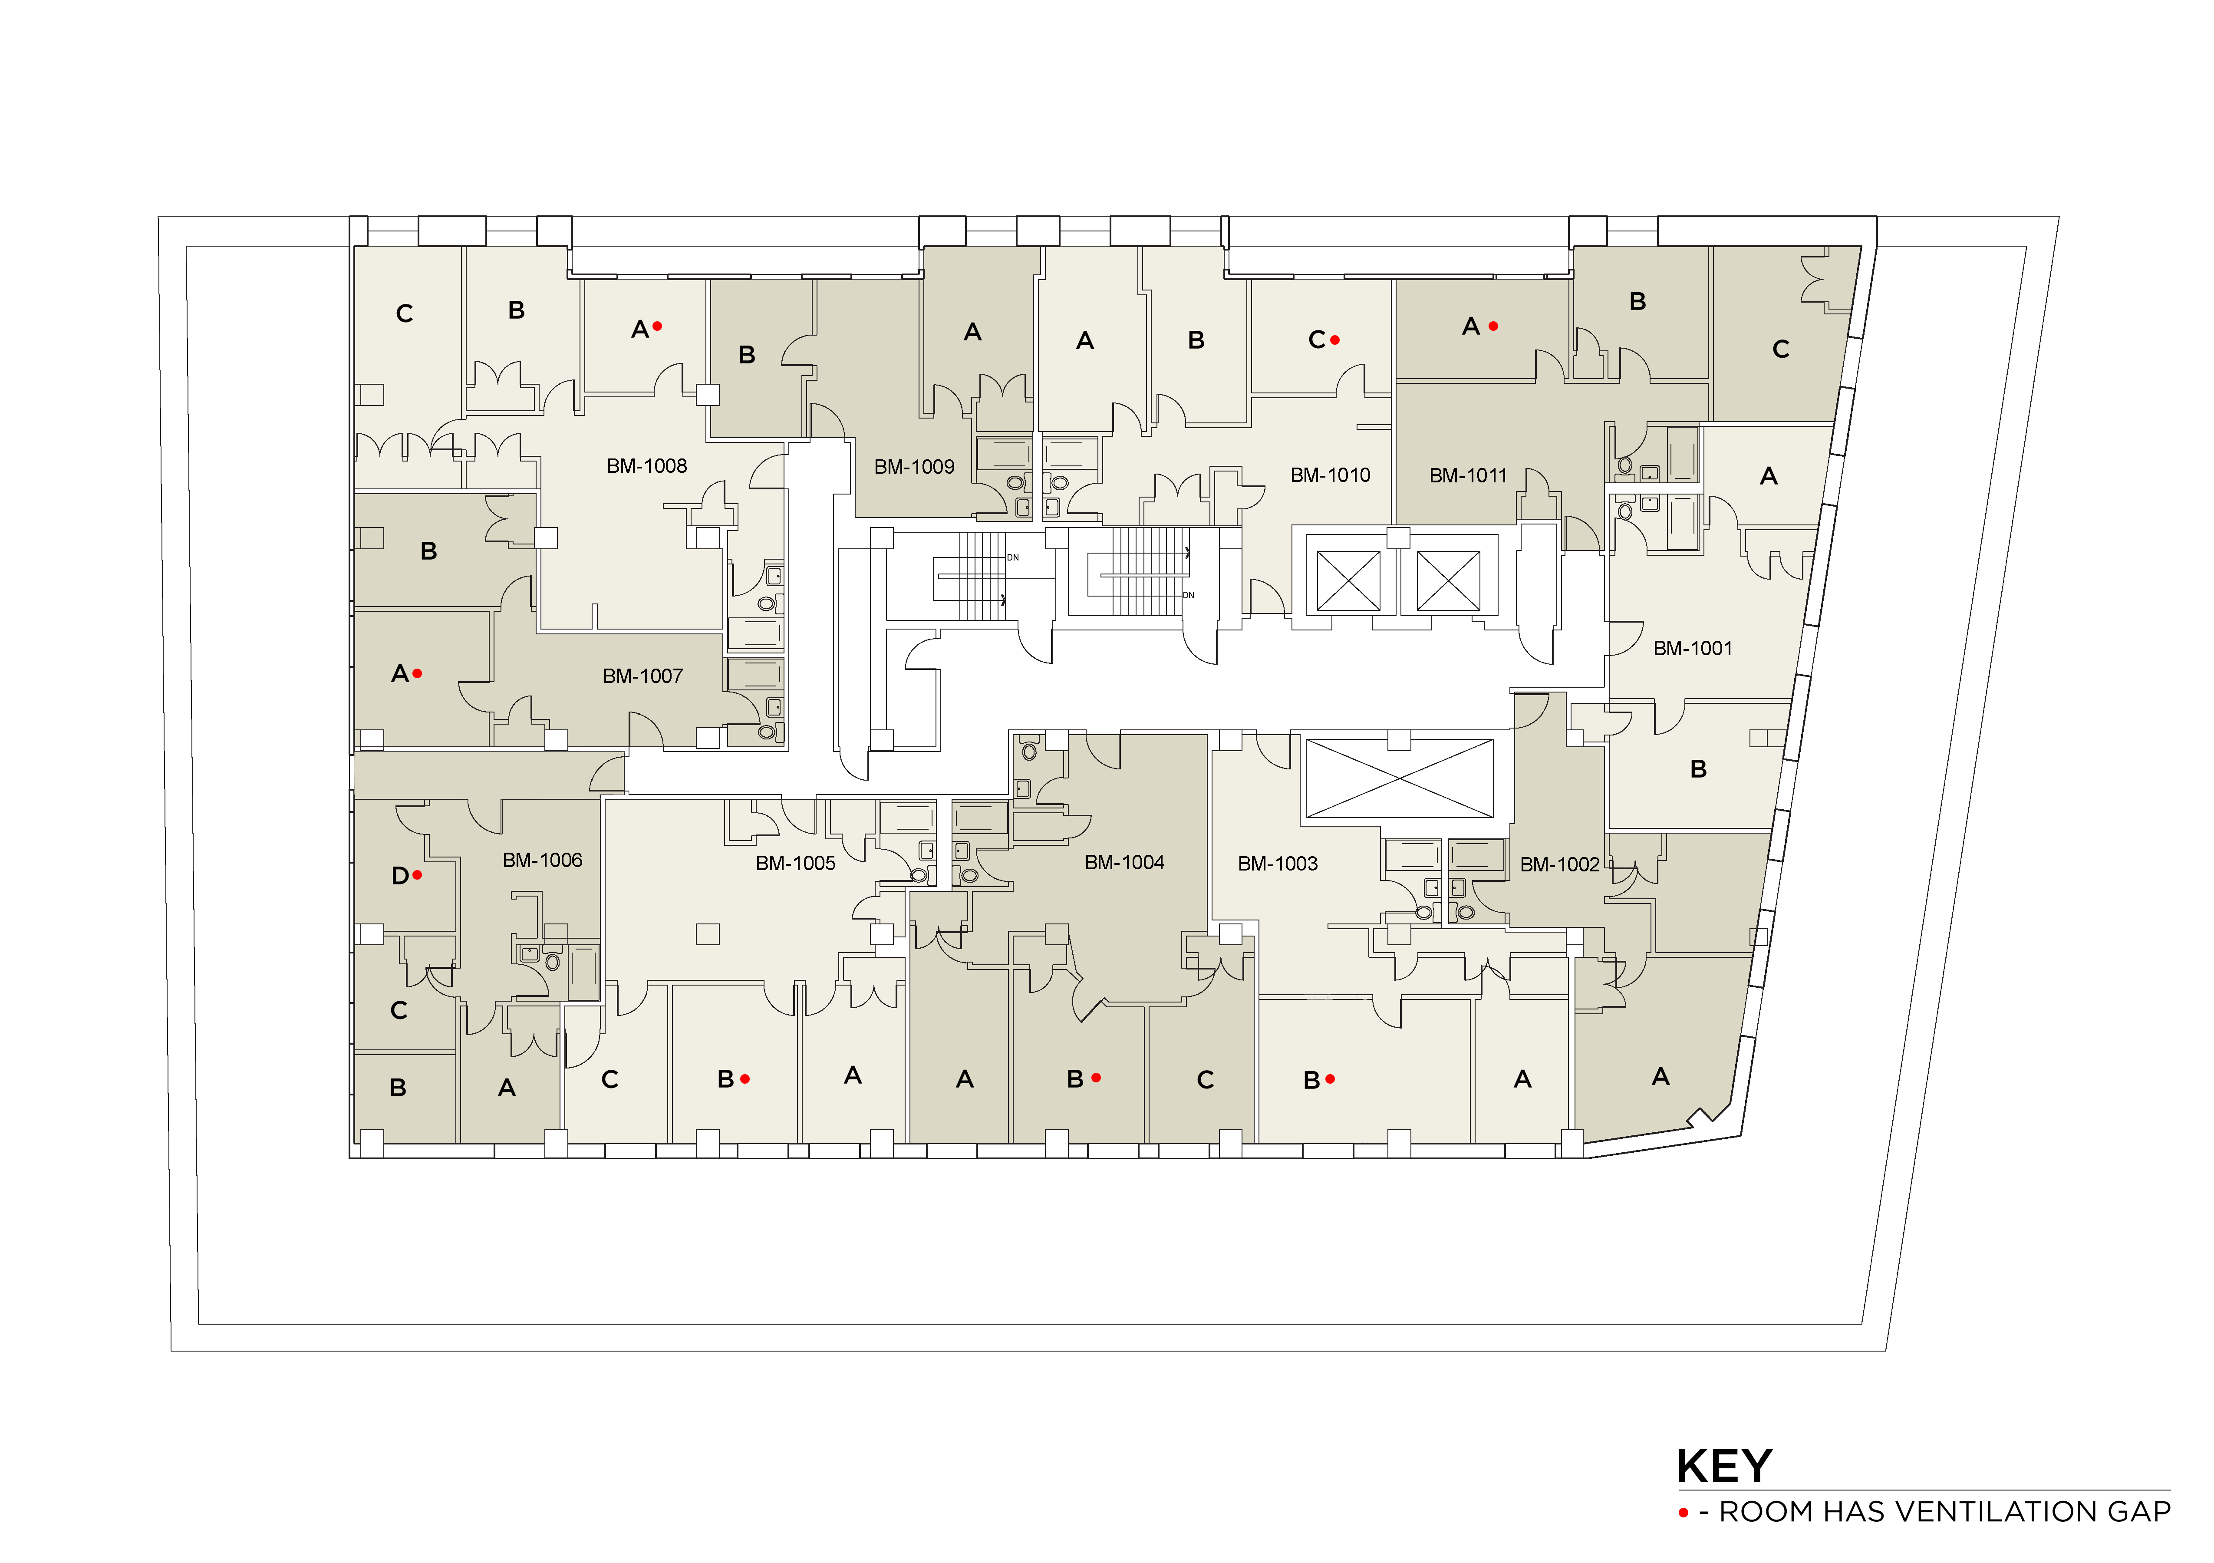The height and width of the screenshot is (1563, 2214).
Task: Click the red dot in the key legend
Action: (1684, 1513)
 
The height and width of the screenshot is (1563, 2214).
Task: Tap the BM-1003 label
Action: (1278, 864)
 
